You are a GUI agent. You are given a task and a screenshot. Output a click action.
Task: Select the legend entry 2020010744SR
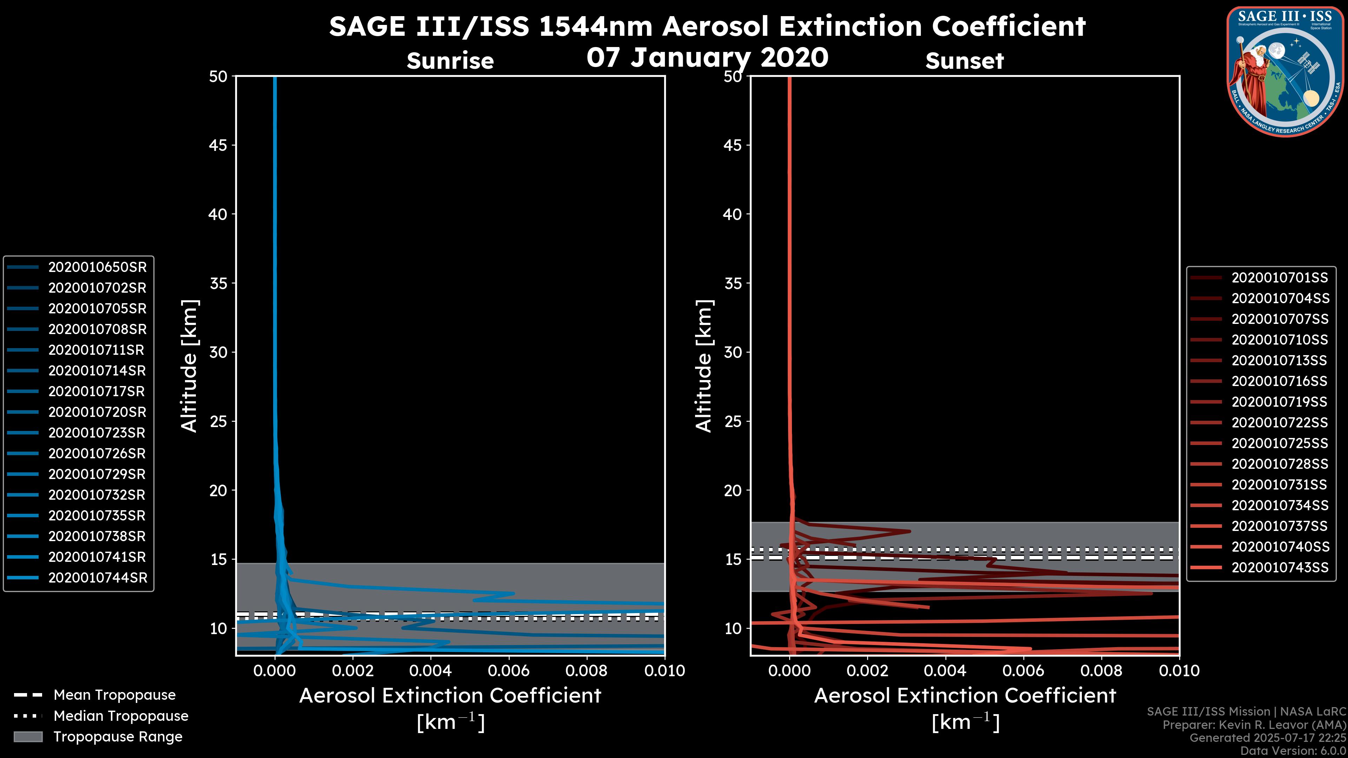tap(97, 578)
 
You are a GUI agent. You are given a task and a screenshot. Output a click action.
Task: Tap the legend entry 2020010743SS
tap(1280, 567)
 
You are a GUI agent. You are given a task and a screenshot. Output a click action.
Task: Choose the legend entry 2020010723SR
tap(97, 433)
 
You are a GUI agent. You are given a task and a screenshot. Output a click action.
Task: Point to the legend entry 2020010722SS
tap(1280, 423)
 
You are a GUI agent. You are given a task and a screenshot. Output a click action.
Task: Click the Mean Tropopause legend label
tap(114, 695)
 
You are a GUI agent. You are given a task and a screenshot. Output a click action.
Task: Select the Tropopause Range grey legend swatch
tap(28, 737)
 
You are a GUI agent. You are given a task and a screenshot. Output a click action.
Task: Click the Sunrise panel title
tap(450, 61)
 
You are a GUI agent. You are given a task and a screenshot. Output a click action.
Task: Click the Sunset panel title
tap(964, 61)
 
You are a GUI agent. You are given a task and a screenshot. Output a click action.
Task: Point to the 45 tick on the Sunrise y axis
tap(218, 145)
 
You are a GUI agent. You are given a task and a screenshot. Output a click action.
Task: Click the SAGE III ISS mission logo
tap(1285, 71)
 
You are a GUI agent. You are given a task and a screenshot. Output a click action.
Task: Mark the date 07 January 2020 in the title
tap(707, 58)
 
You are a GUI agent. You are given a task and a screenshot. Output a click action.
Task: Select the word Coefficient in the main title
tap(1009, 26)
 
